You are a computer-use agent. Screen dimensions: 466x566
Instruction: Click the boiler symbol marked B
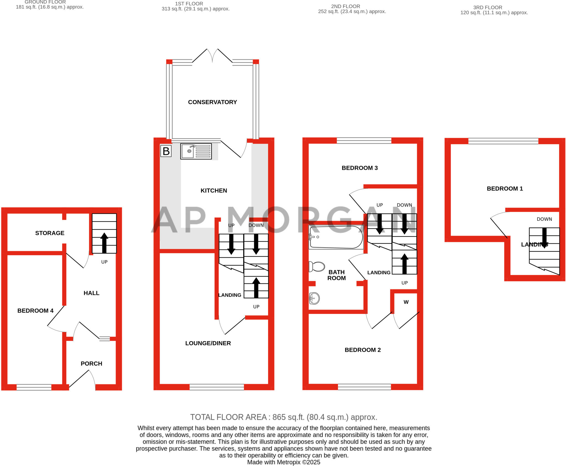pyautogui.click(x=166, y=151)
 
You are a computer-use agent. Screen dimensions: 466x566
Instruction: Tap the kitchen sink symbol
pyautogui.click(x=196, y=151)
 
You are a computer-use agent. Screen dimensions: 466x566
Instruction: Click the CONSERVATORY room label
pyautogui.click(x=212, y=102)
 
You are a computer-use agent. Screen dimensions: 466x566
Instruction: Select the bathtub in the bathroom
pyautogui.click(x=336, y=237)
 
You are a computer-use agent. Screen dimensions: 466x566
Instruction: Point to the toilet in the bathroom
pyautogui.click(x=317, y=267)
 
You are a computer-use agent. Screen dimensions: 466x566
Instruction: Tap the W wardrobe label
pyautogui.click(x=406, y=302)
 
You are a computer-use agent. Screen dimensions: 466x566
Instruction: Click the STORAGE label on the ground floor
pyautogui.click(x=50, y=233)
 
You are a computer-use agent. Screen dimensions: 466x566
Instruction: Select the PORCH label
pyautogui.click(x=91, y=364)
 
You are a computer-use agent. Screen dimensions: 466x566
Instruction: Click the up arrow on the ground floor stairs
pyautogui.click(x=104, y=243)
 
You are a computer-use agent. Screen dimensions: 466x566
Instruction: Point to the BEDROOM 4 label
pyautogui.click(x=35, y=311)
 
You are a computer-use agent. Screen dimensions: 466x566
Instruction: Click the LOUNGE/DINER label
pyautogui.click(x=208, y=343)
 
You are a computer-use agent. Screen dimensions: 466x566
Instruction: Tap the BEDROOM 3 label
pyautogui.click(x=360, y=168)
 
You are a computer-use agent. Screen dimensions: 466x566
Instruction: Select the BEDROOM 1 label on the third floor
pyautogui.click(x=505, y=189)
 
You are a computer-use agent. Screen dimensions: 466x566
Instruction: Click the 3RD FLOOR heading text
pyautogui.click(x=488, y=7)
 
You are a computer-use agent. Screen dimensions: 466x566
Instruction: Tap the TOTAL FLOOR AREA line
pyautogui.click(x=284, y=417)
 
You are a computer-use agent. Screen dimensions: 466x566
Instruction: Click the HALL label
pyautogui.click(x=91, y=293)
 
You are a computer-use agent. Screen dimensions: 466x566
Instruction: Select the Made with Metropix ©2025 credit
pyautogui.click(x=284, y=462)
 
